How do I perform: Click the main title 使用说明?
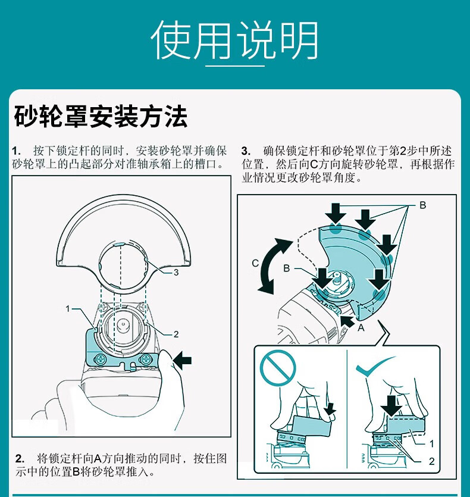pos(234,40)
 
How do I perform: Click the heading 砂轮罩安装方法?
pos(101,117)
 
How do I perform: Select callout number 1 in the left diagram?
pos(68,308)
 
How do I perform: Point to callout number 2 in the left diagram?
pos(176,334)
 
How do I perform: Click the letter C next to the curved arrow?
pos(255,262)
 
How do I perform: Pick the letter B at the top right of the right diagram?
pos(423,205)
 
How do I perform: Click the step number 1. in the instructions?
pos(17,150)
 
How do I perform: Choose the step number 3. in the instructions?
pos(246,150)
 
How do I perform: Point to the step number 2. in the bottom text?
pos(20,458)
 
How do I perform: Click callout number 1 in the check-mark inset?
pos(431,443)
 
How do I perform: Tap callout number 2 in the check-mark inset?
pos(431,461)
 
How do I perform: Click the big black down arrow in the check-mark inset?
pos(391,405)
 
